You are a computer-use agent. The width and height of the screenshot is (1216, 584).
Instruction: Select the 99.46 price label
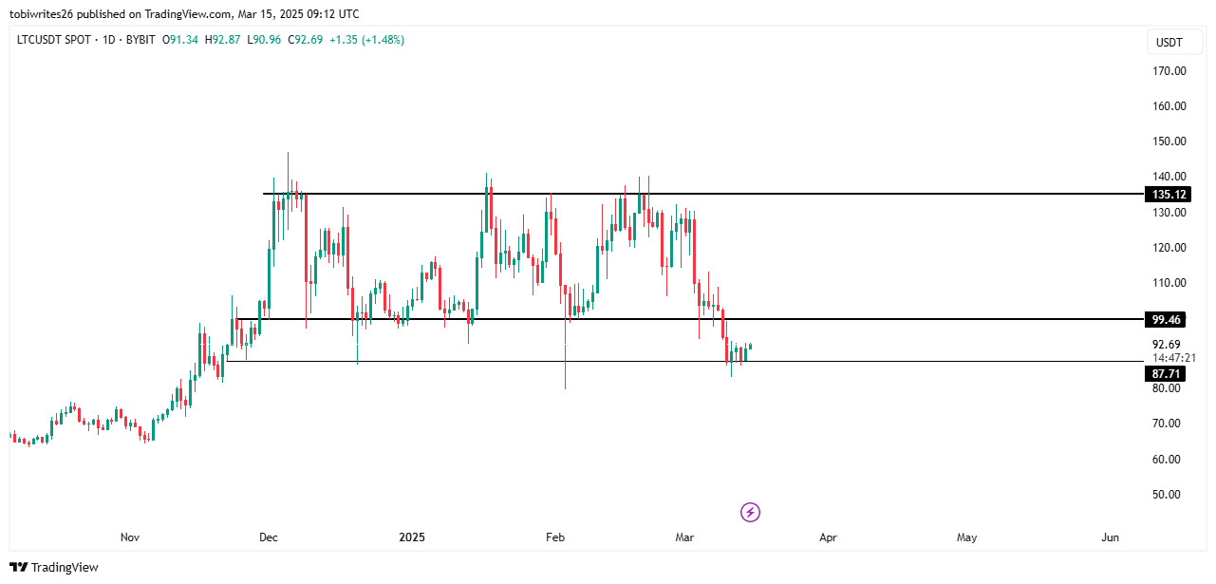tap(1167, 319)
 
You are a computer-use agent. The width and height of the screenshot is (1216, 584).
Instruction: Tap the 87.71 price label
tap(1167, 374)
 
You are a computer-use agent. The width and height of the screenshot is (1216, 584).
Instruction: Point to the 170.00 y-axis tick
tap(1169, 71)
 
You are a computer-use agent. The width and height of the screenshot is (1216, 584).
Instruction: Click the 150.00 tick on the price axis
tap(1169, 141)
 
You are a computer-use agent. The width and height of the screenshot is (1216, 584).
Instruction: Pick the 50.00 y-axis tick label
tap(1167, 495)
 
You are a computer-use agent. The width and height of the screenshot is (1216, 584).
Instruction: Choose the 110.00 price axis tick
tap(1169, 283)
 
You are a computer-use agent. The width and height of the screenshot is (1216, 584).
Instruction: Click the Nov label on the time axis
tap(130, 537)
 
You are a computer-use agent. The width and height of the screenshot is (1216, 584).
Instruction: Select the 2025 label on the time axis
tap(412, 537)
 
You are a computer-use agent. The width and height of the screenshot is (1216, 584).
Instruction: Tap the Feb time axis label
tap(555, 537)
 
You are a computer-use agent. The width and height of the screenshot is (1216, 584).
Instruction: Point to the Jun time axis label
tap(1111, 537)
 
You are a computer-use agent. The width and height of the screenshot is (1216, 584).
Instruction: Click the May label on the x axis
tap(966, 537)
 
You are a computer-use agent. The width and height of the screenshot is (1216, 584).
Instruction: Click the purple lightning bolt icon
tap(750, 513)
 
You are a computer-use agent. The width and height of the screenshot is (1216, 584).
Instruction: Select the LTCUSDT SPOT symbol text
tap(58, 40)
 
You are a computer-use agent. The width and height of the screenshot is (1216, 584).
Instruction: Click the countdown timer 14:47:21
tap(1173, 358)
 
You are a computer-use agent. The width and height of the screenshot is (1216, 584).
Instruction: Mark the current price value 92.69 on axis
tap(1167, 345)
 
